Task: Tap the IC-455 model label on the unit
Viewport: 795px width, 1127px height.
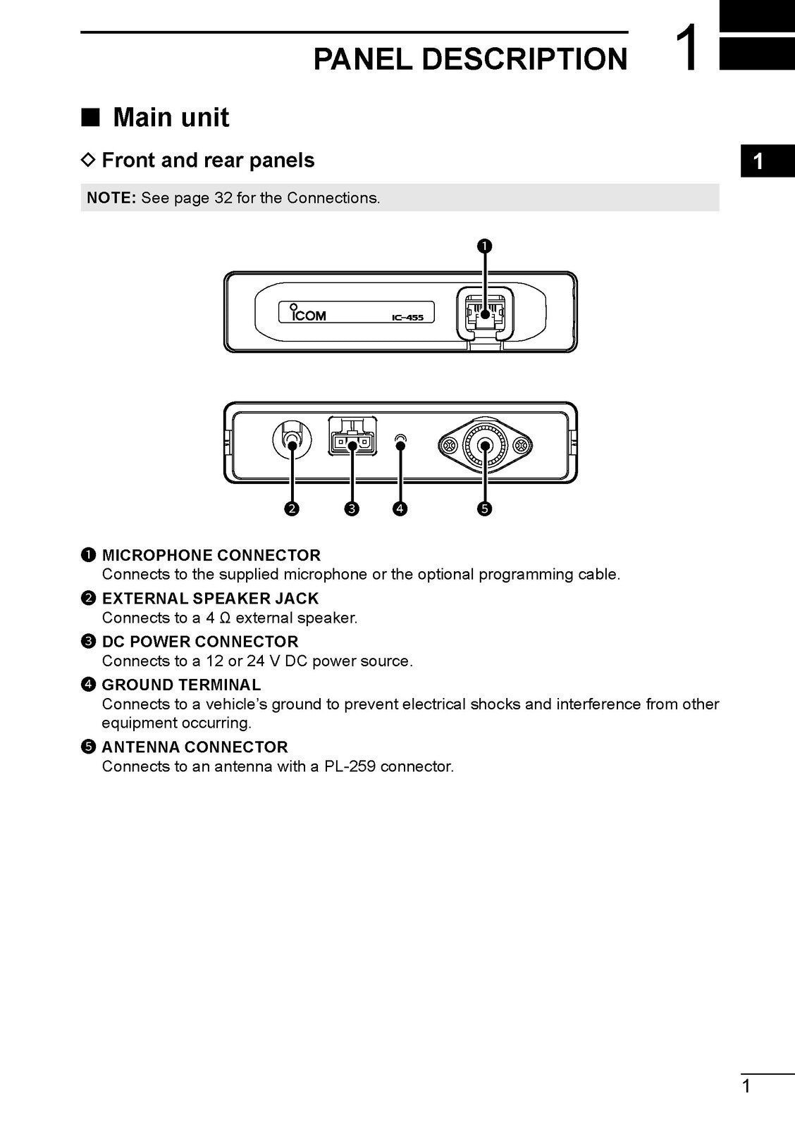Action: (x=407, y=318)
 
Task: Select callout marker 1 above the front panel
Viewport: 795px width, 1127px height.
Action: (x=485, y=246)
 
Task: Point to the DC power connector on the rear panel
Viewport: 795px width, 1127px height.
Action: (x=351, y=442)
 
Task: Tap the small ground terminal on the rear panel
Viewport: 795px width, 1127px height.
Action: (x=400, y=442)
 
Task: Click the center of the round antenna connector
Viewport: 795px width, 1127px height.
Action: (x=485, y=445)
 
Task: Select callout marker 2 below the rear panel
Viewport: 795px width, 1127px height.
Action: (x=291, y=509)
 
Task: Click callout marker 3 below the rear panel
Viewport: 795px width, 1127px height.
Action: (x=352, y=509)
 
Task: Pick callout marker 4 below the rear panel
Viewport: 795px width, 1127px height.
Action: (x=400, y=509)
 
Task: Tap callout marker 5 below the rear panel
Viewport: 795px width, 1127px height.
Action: (x=484, y=509)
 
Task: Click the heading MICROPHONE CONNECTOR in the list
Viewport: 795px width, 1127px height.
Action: (x=211, y=555)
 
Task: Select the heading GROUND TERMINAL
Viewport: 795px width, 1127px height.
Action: (x=181, y=685)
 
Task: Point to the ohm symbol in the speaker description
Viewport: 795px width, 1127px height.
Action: (x=226, y=618)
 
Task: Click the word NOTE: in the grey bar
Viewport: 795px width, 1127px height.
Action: (x=111, y=198)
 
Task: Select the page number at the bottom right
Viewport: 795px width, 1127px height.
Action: (x=746, y=1087)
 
